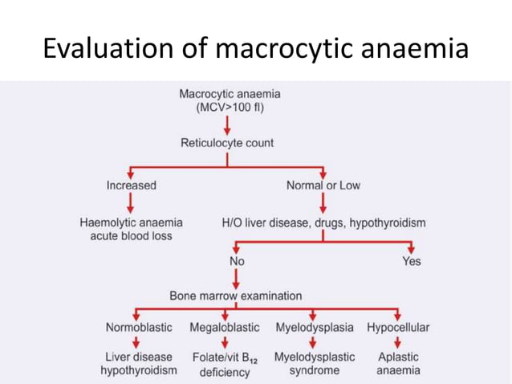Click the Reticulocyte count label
click(227, 143)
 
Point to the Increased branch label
click(131, 186)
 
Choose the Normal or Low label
click(323, 186)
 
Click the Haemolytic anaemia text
click(131, 222)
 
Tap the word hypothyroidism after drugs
click(383, 222)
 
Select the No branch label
click(237, 261)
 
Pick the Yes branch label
click(411, 261)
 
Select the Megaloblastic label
click(225, 328)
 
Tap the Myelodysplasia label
click(315, 328)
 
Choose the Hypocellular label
click(398, 328)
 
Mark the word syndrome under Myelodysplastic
click(315, 370)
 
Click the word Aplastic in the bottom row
click(398, 356)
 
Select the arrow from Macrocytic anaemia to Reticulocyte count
click(228, 125)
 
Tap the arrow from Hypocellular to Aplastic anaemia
click(398, 341)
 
